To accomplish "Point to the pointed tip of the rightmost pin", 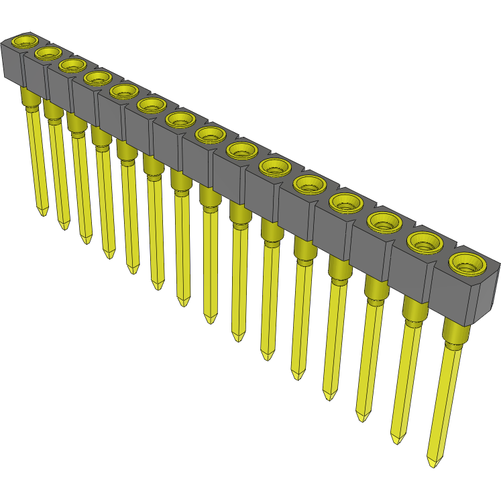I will (433, 462).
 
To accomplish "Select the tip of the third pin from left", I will (85, 239).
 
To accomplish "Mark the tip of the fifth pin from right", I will (298, 376).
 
